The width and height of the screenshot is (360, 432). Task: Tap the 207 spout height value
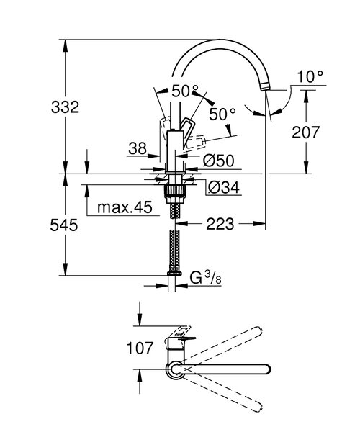[x=305, y=132]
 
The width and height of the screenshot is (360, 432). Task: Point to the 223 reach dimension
[x=220, y=225]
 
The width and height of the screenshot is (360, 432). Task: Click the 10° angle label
[x=310, y=75]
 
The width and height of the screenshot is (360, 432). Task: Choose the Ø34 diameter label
[x=222, y=189]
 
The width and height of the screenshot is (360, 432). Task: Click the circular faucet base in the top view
[x=176, y=370]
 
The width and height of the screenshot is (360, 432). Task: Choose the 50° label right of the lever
[x=222, y=114]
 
